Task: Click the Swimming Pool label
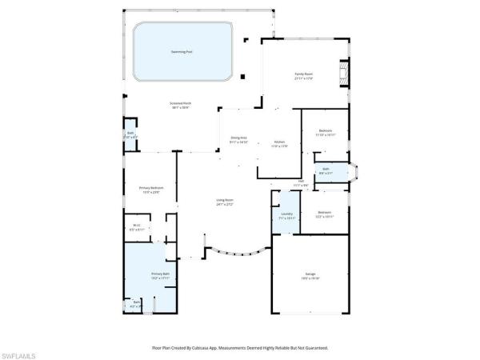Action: (182, 52)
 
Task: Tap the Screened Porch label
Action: (181, 105)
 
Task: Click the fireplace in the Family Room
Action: (343, 74)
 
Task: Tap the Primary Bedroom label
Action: (150, 190)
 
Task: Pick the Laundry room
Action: (286, 215)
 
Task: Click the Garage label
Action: (310, 277)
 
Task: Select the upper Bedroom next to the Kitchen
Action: (325, 131)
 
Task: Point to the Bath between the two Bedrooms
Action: (326, 170)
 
